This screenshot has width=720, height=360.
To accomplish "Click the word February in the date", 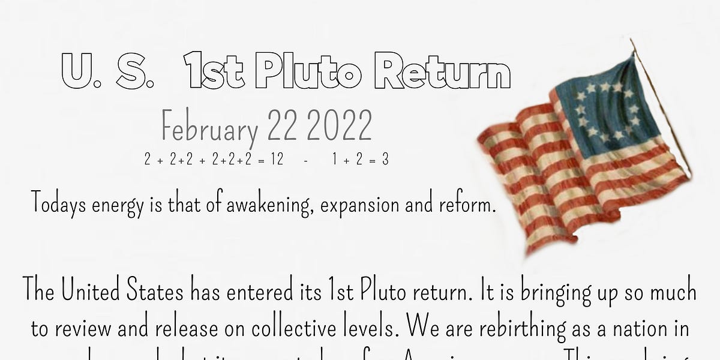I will (209, 128).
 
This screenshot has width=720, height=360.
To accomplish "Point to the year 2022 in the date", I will (341, 127).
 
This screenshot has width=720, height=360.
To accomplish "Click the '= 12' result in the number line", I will (270, 160).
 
